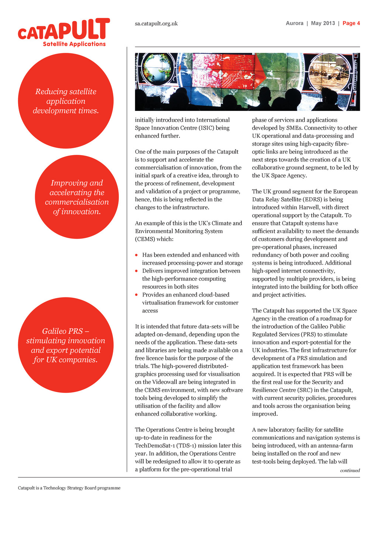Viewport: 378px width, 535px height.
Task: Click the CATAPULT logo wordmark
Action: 64,30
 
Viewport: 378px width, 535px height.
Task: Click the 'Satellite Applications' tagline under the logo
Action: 74,44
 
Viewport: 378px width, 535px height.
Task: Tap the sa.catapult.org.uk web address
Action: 156,23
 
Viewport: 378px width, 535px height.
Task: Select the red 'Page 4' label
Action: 351,23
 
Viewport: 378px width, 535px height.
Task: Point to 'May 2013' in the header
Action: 323,23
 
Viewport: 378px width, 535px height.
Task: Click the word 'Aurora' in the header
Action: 295,23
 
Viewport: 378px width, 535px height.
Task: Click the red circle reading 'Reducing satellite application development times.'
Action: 66,101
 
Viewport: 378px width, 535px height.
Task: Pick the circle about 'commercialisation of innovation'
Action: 77,197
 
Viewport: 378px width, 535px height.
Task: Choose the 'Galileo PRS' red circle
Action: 66,345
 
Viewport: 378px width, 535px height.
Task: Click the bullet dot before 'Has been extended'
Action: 137,255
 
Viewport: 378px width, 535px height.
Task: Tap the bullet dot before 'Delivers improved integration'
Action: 137,271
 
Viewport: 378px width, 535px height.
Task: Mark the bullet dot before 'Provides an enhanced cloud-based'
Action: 137,294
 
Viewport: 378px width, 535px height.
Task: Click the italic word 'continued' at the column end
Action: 350,470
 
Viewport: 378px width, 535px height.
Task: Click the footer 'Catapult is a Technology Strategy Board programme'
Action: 69,488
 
